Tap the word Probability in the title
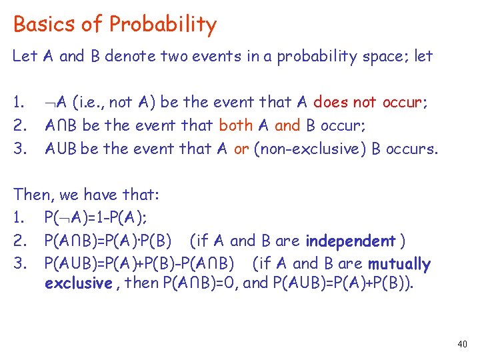point(163,25)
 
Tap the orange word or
point(241,148)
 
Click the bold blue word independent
point(351,241)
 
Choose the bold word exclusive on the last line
point(77,283)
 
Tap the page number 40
point(463,344)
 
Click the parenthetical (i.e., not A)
point(117,103)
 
